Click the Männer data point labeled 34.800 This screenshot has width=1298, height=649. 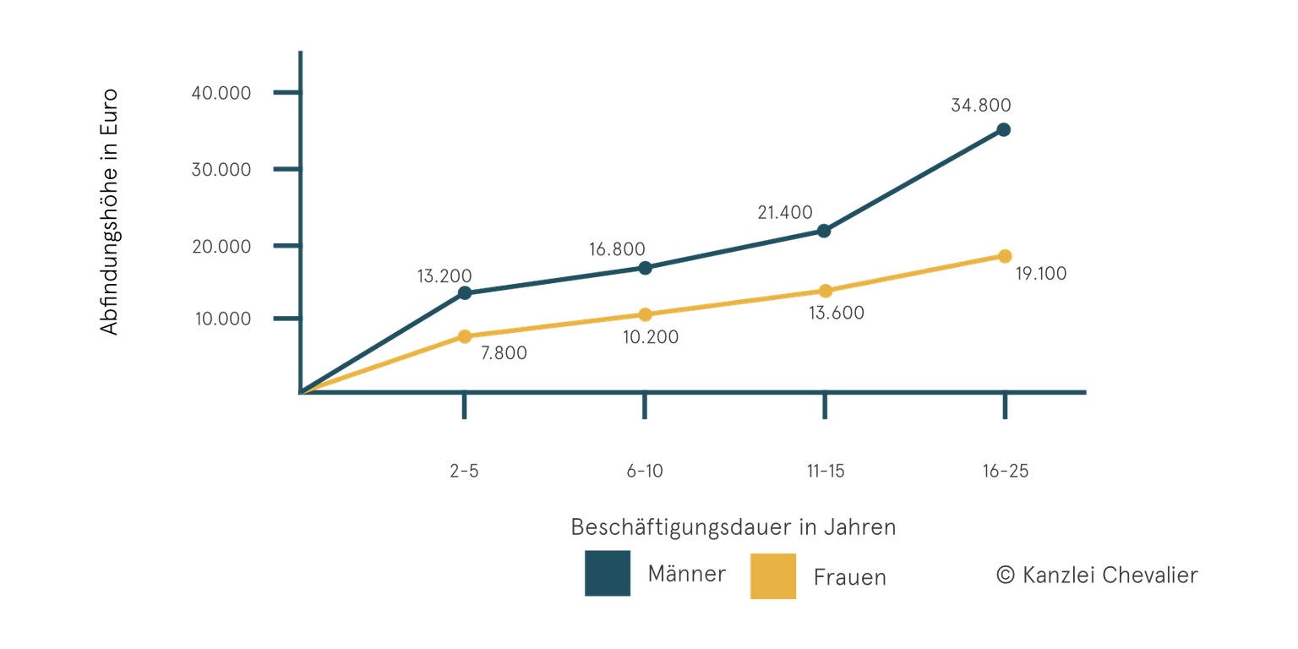pyautogui.click(x=1004, y=130)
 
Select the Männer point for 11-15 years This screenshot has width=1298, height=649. pyautogui.click(x=824, y=232)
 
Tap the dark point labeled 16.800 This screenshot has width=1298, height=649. pyautogui.click(x=645, y=268)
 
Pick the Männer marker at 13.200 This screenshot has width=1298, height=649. pyautogui.click(x=465, y=293)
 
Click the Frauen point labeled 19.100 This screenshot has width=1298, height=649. pyautogui.click(x=1005, y=256)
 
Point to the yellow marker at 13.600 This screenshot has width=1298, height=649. pyautogui.click(x=826, y=291)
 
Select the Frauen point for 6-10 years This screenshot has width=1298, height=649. pyautogui.click(x=645, y=314)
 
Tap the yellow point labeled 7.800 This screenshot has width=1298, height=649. pyautogui.click(x=465, y=336)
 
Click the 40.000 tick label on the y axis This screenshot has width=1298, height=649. pyautogui.click(x=221, y=93)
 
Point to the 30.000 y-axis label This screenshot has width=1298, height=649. pyautogui.click(x=221, y=169)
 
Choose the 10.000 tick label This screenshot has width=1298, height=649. pyautogui.click(x=223, y=319)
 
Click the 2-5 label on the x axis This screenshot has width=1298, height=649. pyautogui.click(x=464, y=471)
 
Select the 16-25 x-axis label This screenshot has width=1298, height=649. pyautogui.click(x=1006, y=471)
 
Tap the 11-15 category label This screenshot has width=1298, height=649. pyautogui.click(x=826, y=471)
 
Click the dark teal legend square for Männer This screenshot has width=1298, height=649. pyautogui.click(x=608, y=573)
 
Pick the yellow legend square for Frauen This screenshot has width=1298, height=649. pyautogui.click(x=773, y=576)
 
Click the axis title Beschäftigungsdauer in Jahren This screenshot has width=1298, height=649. pyautogui.click(x=734, y=527)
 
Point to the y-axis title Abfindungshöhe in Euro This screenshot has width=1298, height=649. pyautogui.click(x=109, y=212)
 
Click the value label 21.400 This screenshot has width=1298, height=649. pyautogui.click(x=785, y=212)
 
